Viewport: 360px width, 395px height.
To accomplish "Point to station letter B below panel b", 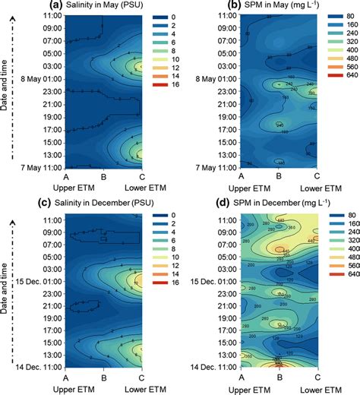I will tap(279, 175).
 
